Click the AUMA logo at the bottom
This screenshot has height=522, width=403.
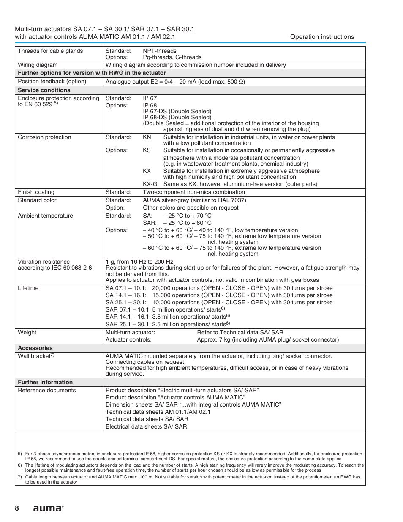click(48, 508)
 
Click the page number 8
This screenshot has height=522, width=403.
click(17, 508)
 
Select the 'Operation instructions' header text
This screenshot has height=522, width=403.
click(322, 37)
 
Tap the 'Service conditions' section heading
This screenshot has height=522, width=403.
click(44, 90)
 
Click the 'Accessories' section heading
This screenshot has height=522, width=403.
click(35, 348)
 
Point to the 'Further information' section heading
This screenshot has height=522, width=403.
click(45, 382)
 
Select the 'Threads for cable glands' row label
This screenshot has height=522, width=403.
click(50, 51)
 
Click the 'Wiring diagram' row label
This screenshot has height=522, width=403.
click(38, 65)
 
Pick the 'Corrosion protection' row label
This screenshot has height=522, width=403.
click(44, 137)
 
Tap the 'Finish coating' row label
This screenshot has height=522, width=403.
click(36, 192)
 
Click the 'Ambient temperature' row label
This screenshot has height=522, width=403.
click(45, 216)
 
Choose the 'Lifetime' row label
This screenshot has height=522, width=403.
click(28, 288)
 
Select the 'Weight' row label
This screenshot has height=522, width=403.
click(27, 333)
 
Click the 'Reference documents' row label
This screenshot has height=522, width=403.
click(46, 391)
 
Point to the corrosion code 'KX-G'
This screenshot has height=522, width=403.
click(150, 184)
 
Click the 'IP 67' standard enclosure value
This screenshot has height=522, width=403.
click(150, 98)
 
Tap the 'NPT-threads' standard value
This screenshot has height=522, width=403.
click(159, 51)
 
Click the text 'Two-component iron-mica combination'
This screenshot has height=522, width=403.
click(193, 192)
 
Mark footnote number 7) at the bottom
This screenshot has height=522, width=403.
click(19, 477)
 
